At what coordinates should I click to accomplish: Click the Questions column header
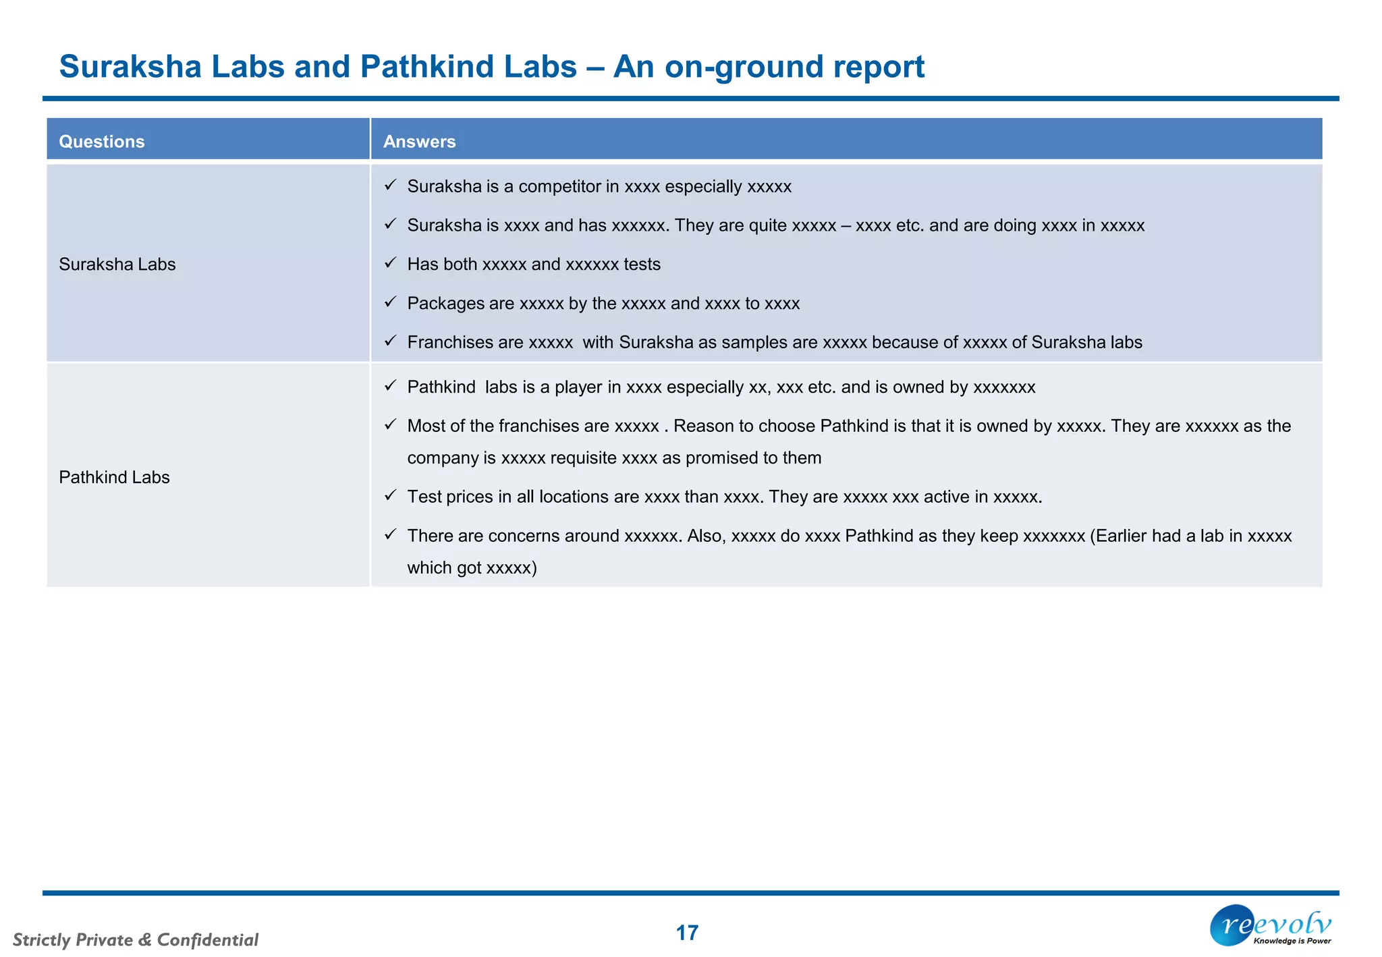[102, 142]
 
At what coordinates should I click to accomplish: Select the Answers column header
[419, 142]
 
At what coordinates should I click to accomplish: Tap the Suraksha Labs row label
[117, 265]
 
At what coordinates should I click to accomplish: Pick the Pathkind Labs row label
[114, 478]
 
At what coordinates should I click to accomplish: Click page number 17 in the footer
[687, 933]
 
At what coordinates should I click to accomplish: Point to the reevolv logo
[1271, 925]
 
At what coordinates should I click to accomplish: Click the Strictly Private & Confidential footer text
[136, 940]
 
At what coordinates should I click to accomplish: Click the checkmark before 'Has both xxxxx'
[390, 263]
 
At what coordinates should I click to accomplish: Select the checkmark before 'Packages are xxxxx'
[390, 302]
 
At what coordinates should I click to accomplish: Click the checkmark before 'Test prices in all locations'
[390, 495]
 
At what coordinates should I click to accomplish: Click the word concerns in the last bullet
[524, 536]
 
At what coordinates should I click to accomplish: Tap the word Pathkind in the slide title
[468, 67]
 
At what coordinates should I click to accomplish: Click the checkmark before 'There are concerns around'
[390, 535]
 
